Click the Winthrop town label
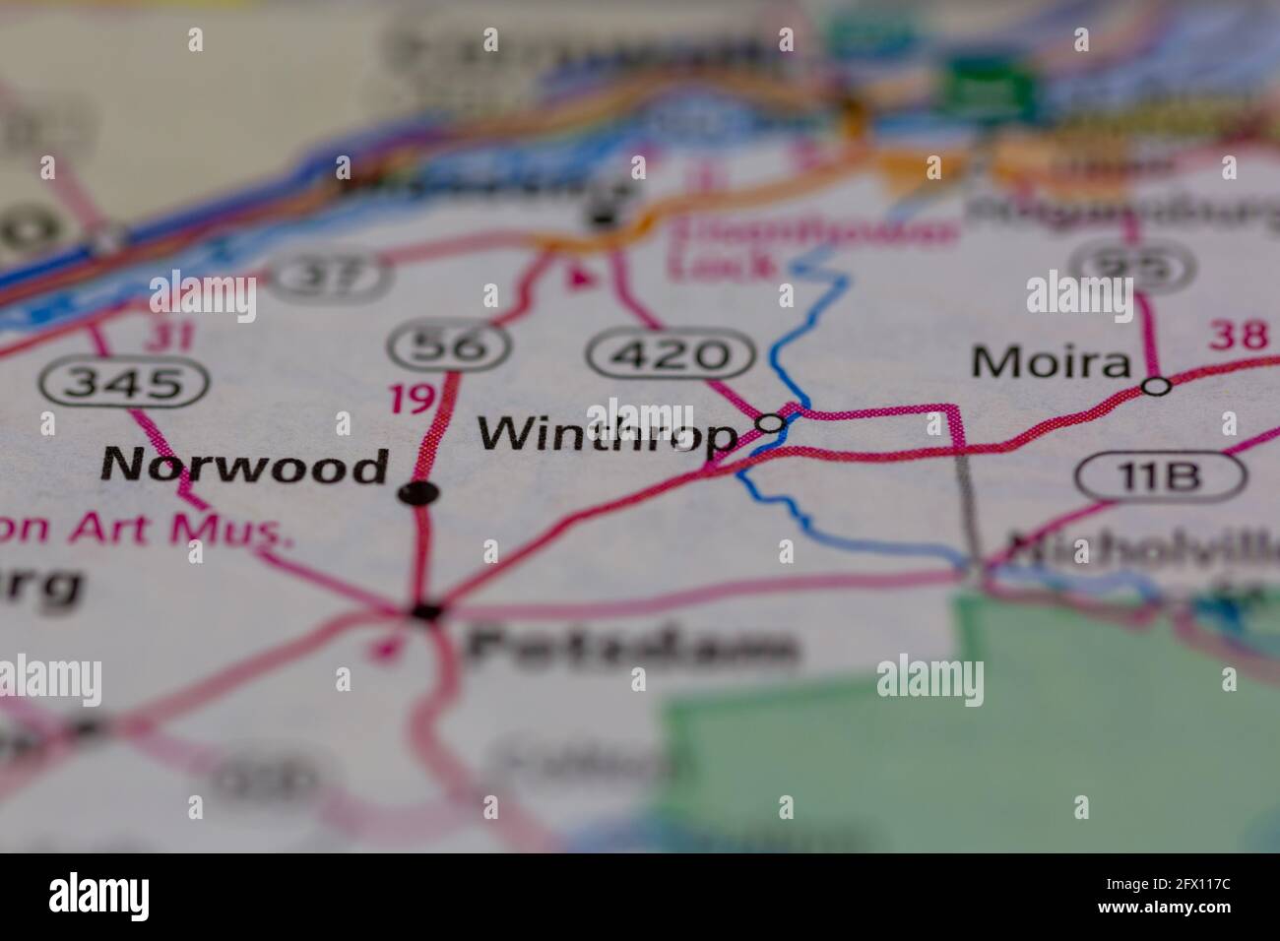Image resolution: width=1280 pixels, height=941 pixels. point(607,434)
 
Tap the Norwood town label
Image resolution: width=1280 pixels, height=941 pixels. point(245,466)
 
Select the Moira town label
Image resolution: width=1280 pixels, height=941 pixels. point(1050,363)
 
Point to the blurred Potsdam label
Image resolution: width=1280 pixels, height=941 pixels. point(630,647)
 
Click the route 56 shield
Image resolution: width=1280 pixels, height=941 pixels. point(450,345)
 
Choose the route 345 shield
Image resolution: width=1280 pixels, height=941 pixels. point(124,382)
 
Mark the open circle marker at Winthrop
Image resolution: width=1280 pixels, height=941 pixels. point(771,423)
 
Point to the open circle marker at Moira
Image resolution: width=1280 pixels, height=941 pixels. point(1158,386)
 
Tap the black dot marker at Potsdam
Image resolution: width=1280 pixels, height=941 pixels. point(425,612)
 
